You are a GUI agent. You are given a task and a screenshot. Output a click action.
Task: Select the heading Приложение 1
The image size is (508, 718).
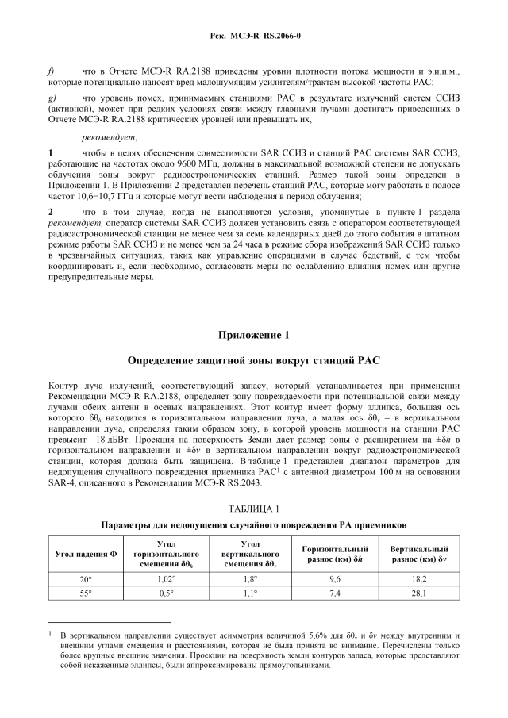click(254, 334)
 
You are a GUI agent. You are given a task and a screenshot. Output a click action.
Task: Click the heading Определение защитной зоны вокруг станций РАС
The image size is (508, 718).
click(254, 360)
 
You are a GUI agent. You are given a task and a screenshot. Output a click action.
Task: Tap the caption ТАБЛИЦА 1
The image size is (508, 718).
click(254, 508)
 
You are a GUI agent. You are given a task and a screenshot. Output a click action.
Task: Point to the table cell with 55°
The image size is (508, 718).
click(86, 593)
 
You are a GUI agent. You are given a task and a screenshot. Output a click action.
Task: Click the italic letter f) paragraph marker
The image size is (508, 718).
click(52, 71)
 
